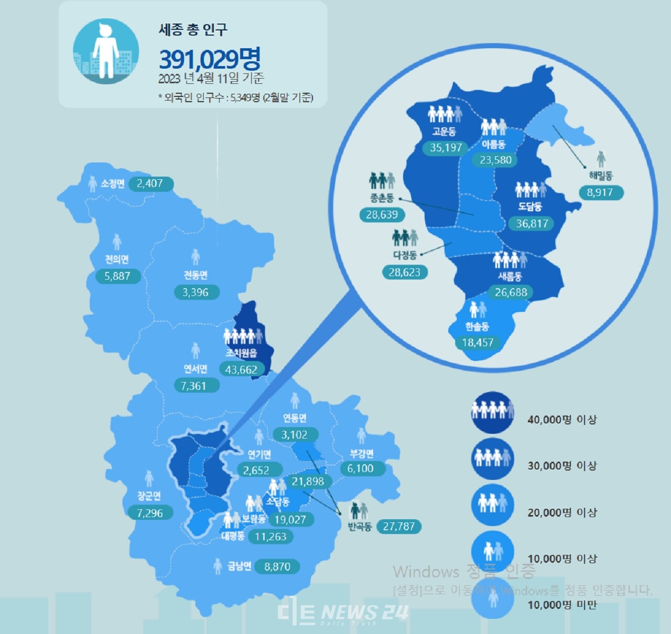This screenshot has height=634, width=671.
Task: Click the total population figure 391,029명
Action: click(x=209, y=59)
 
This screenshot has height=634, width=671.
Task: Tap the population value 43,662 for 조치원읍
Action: click(x=241, y=369)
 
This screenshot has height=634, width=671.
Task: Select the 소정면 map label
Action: click(x=112, y=183)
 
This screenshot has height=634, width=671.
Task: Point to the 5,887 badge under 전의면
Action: click(x=117, y=276)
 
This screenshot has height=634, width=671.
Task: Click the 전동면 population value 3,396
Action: click(x=196, y=292)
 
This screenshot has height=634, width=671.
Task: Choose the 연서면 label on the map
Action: click(x=195, y=369)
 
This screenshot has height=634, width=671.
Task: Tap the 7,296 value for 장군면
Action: click(x=150, y=513)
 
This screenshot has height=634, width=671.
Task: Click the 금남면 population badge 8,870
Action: click(x=277, y=566)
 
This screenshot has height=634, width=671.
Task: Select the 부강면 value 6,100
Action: click(x=360, y=468)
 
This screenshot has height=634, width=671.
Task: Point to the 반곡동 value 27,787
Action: click(x=398, y=526)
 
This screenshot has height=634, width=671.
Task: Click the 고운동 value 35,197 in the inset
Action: click(x=446, y=148)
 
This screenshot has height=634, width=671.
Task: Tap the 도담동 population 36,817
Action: click(x=532, y=224)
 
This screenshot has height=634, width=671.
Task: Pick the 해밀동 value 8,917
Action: click(x=600, y=192)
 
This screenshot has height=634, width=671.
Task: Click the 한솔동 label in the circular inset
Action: click(x=477, y=326)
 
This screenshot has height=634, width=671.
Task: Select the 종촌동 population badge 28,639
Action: click(x=382, y=215)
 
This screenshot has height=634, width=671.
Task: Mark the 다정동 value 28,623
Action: click(x=404, y=272)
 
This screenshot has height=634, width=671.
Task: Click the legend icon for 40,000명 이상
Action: click(x=492, y=412)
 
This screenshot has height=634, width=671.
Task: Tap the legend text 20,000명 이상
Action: click(x=562, y=512)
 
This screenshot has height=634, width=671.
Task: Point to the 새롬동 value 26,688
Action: click(x=511, y=292)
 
